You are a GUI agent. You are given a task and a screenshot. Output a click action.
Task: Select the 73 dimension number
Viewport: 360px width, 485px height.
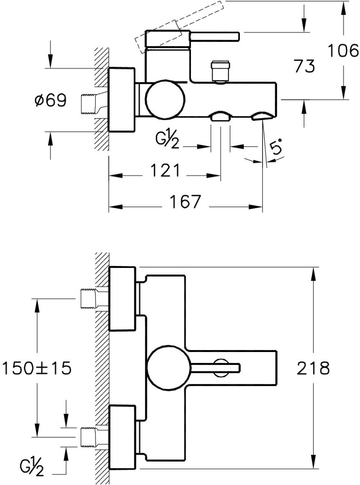point(304,66)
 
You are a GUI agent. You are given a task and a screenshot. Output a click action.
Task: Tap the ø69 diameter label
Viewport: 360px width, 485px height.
point(51,100)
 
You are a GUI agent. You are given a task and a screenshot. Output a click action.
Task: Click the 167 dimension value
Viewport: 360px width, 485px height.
point(186,202)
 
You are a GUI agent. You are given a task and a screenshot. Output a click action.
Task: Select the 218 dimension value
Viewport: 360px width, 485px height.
point(313,368)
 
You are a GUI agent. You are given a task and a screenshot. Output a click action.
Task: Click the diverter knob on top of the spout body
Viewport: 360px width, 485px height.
point(220,71)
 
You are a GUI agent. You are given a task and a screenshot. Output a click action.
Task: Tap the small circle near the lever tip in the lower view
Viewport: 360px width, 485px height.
point(221,368)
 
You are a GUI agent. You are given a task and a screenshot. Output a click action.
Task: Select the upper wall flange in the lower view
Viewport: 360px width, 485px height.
point(123,298)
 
